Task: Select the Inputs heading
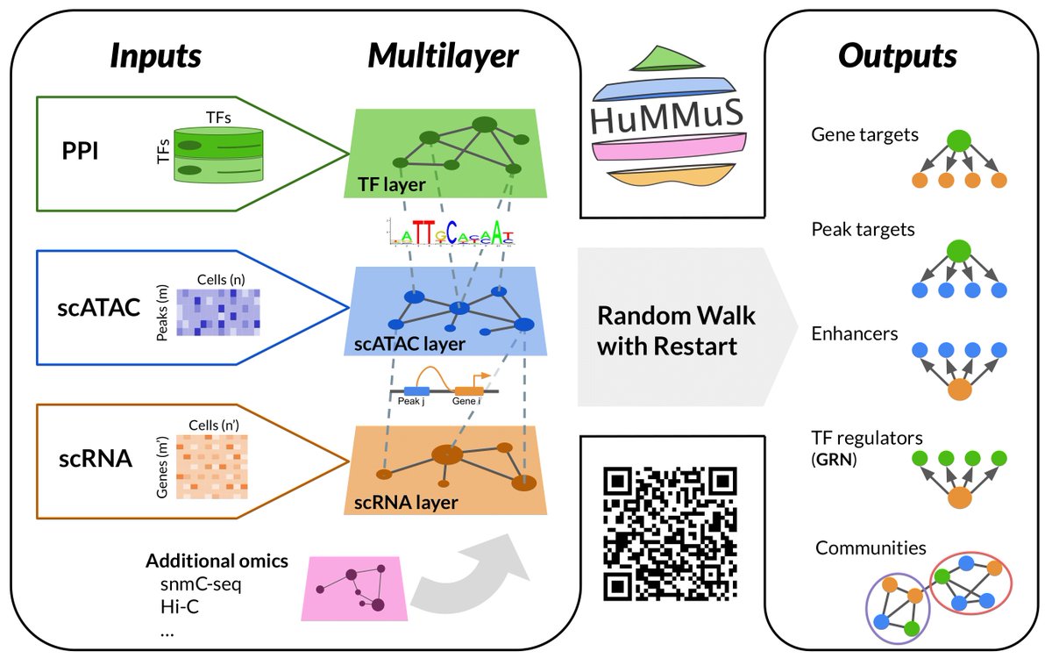click(x=155, y=55)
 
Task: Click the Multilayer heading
click(x=443, y=55)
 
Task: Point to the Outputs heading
click(x=897, y=55)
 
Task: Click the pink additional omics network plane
click(x=354, y=588)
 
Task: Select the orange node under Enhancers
click(x=960, y=390)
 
